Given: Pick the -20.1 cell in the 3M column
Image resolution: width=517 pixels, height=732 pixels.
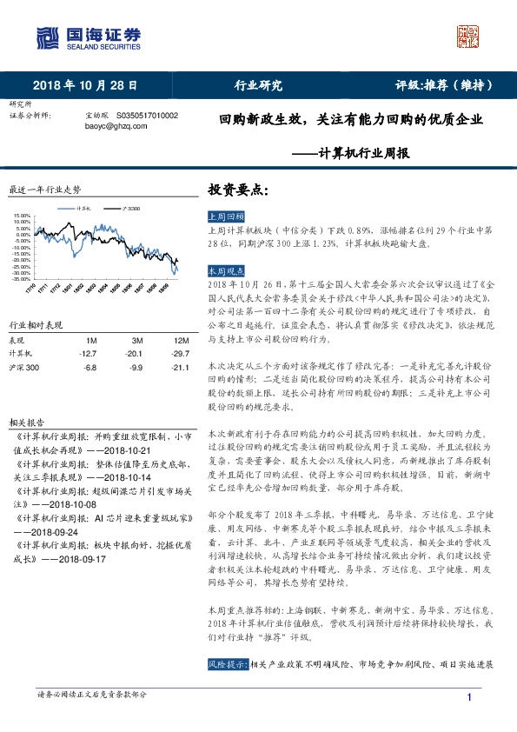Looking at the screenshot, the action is click(136, 354).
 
